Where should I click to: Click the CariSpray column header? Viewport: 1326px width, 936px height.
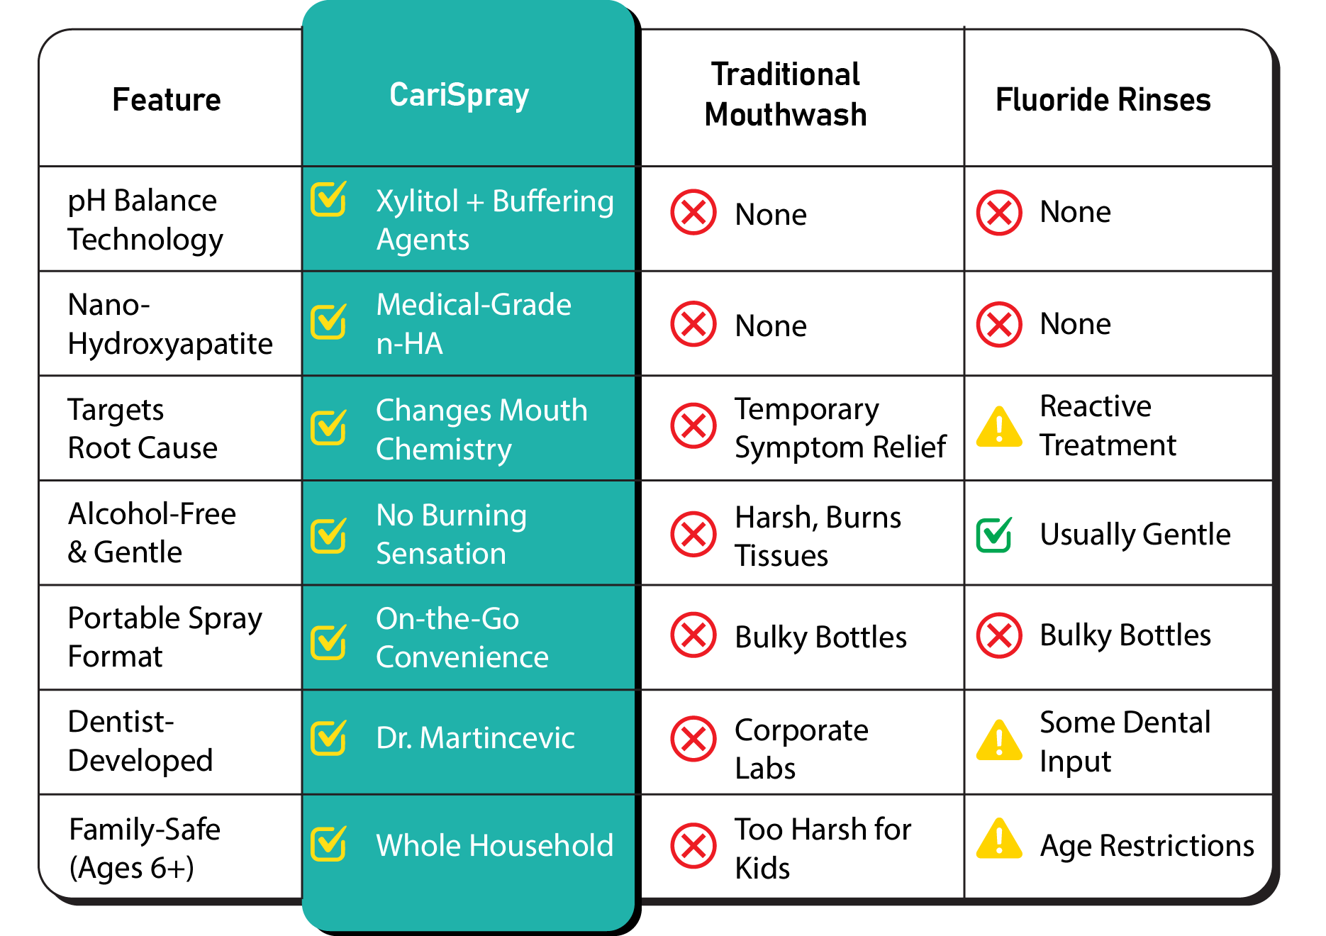(x=459, y=96)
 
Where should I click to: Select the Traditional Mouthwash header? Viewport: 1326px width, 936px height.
(x=786, y=95)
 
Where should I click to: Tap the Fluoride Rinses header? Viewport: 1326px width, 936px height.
(x=1103, y=100)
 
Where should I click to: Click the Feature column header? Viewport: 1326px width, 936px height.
(x=167, y=100)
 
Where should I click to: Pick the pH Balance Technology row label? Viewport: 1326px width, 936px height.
(x=145, y=220)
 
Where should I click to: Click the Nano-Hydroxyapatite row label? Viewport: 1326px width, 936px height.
(x=169, y=324)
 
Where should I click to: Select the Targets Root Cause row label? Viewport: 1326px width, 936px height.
(x=142, y=429)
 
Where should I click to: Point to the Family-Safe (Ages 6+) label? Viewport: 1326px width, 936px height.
(x=145, y=848)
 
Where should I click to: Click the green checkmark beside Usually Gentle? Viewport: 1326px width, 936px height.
(x=994, y=535)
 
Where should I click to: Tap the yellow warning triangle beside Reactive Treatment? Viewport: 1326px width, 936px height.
(x=999, y=428)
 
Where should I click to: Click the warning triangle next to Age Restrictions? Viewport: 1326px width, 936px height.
(x=999, y=840)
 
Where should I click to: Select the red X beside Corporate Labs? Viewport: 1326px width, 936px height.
(x=693, y=739)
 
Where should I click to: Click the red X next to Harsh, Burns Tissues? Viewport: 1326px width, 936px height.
(x=693, y=534)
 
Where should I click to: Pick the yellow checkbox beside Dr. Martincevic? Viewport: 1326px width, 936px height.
(x=329, y=737)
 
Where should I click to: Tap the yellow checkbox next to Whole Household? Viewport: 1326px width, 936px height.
(x=329, y=844)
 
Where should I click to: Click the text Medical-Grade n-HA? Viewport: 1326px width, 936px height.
(x=473, y=324)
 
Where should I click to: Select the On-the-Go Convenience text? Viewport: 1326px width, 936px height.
(x=462, y=638)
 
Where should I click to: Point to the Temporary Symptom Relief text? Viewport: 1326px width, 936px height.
(x=840, y=428)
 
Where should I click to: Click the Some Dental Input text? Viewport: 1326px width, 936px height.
(x=1125, y=742)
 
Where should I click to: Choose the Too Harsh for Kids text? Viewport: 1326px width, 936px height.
(x=823, y=848)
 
